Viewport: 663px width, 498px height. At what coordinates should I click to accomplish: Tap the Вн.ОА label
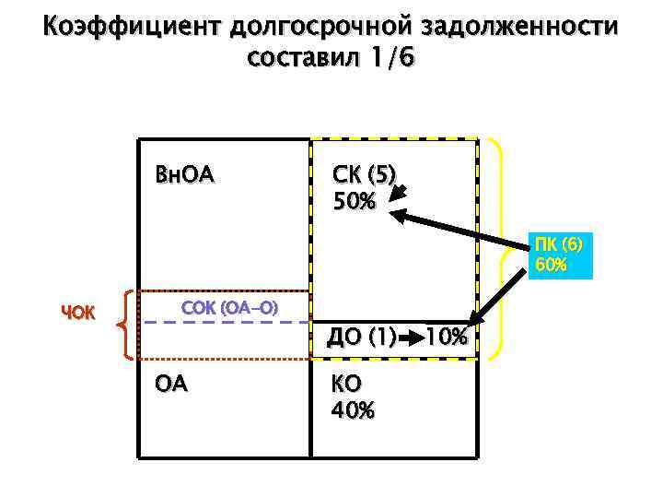pyautogui.click(x=187, y=174)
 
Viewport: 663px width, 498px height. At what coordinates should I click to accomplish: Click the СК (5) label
pyautogui.click(x=364, y=174)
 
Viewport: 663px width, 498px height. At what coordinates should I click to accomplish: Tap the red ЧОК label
pyautogui.click(x=78, y=312)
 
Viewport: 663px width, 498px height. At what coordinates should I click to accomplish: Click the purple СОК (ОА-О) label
pyautogui.click(x=230, y=305)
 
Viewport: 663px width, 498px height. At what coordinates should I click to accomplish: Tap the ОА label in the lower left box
pyautogui.click(x=172, y=383)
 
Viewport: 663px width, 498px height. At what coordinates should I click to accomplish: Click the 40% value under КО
pyautogui.click(x=354, y=409)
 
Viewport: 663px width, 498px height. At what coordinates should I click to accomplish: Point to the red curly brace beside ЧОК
pyautogui.click(x=122, y=324)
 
